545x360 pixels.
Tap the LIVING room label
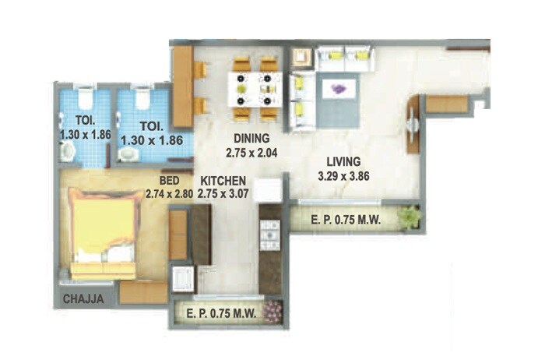pyautogui.click(x=343, y=161)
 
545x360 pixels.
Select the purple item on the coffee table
pyautogui.click(x=338, y=89)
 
